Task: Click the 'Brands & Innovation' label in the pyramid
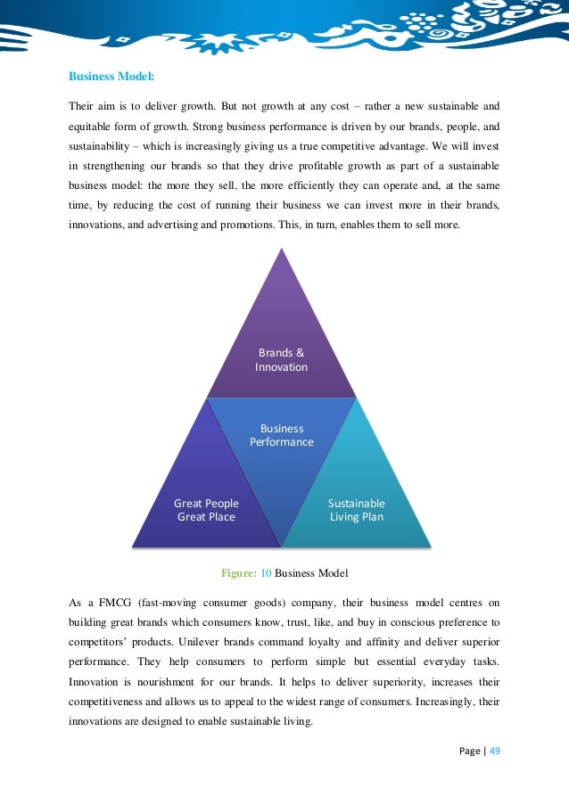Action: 281,359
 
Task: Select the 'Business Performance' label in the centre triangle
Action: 281,435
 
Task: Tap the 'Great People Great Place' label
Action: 206,510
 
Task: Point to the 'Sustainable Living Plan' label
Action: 357,510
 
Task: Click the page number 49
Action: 494,750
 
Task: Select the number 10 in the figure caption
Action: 267,571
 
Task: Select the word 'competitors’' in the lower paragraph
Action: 100,642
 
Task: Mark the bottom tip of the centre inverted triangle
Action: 281,546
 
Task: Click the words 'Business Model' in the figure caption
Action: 312,571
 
